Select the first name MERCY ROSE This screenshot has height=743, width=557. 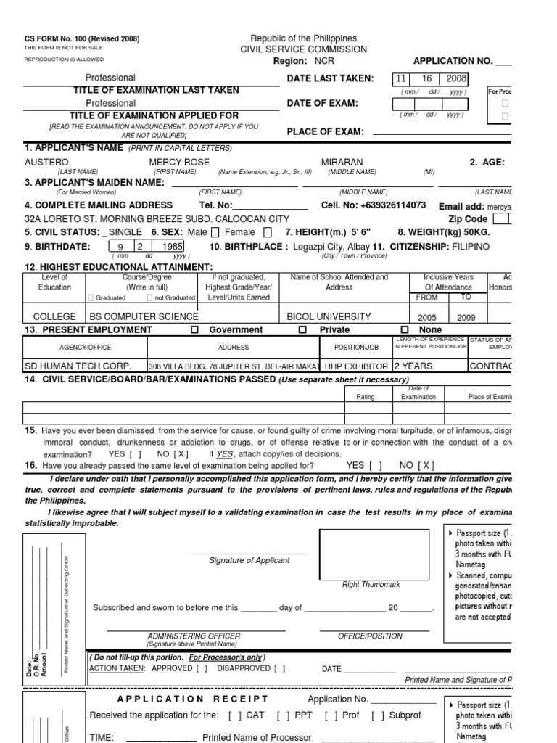coord(179,162)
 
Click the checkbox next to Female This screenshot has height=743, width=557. coord(268,232)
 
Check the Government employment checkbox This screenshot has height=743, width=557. coord(194,329)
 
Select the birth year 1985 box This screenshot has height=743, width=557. coord(173,246)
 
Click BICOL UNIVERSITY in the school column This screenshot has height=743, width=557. coord(329,316)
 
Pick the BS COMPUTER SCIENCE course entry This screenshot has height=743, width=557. coord(144,316)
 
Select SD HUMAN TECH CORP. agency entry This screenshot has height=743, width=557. coord(70,366)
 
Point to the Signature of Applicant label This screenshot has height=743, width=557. coord(249,560)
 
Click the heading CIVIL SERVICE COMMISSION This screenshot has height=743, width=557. coord(304,49)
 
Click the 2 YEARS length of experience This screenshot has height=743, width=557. coord(417,366)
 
